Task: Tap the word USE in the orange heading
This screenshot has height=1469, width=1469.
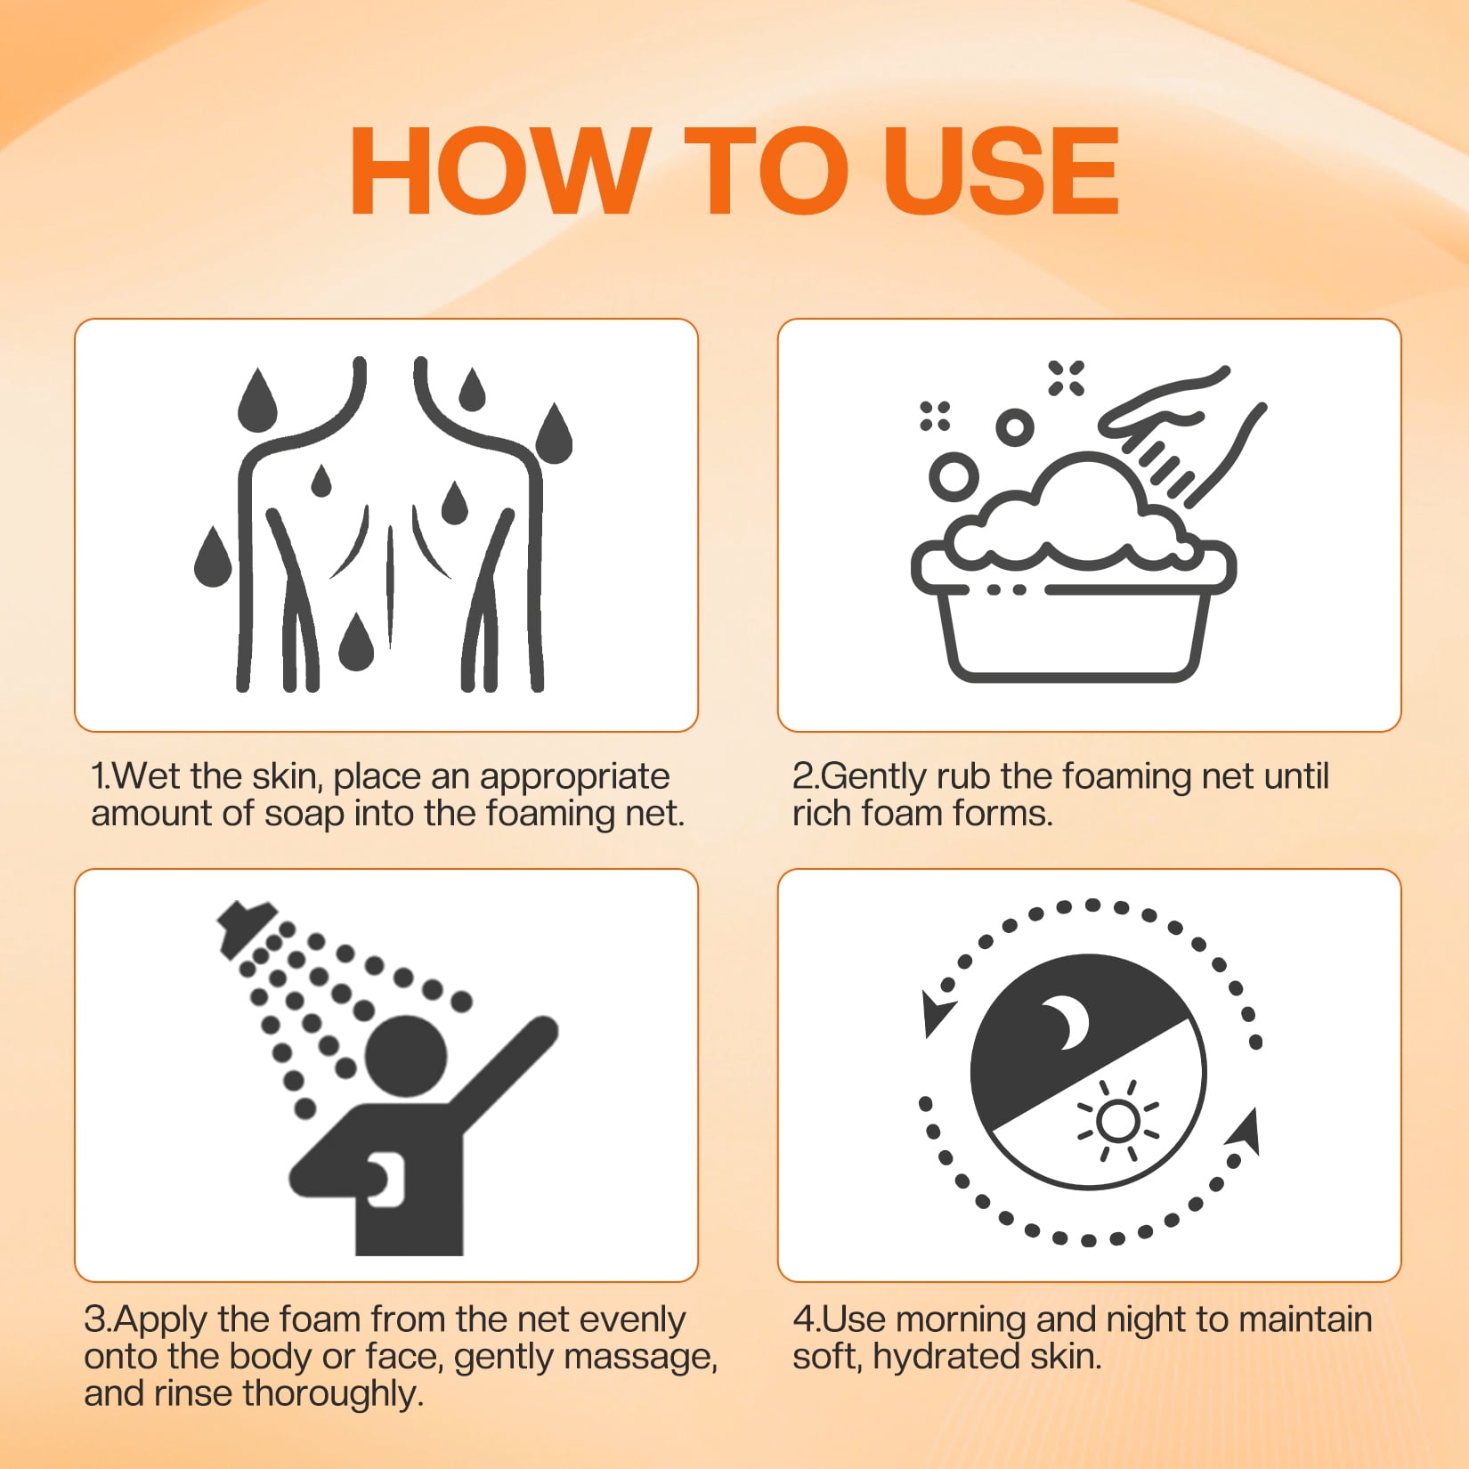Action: [x=1002, y=171]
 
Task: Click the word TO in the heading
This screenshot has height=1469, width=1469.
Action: [x=766, y=171]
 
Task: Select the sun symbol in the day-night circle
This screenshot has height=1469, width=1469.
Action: [x=1117, y=1122]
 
